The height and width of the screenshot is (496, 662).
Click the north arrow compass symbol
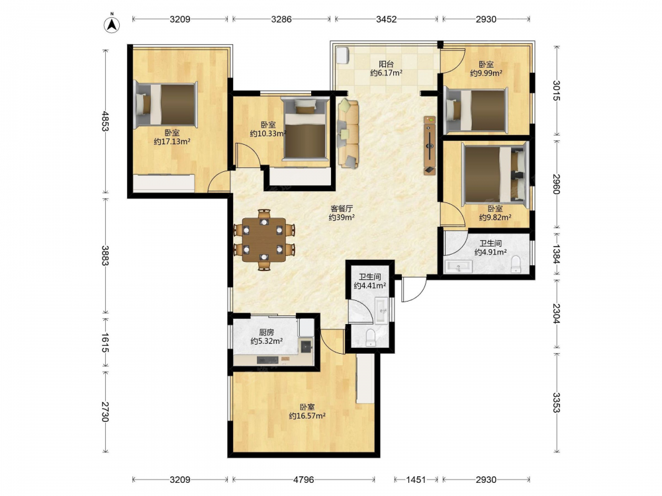pyautogui.click(x=112, y=24)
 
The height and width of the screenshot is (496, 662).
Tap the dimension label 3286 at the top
pyautogui.click(x=281, y=19)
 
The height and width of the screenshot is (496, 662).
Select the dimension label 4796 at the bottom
pyautogui.click(x=304, y=479)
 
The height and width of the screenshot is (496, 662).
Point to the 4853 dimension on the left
pyautogui.click(x=105, y=121)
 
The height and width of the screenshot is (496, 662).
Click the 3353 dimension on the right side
pyautogui.click(x=556, y=403)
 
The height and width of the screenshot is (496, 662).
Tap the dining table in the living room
pyautogui.click(x=264, y=239)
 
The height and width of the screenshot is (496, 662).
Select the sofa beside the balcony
pyautogui.click(x=348, y=134)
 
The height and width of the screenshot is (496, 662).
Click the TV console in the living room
pyautogui.click(x=430, y=145)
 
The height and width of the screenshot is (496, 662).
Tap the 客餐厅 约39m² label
pyautogui.click(x=342, y=213)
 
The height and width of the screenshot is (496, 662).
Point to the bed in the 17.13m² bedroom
pyautogui.click(x=165, y=104)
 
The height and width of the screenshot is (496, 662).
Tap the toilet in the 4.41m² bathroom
pyautogui.click(x=370, y=338)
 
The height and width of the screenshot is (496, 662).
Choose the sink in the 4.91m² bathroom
pyautogui.click(x=458, y=267)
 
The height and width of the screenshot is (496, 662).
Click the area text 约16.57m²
pyautogui.click(x=307, y=416)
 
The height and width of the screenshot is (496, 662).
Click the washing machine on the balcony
pyautogui.click(x=342, y=55)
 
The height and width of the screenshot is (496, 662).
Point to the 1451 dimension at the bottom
pyautogui.click(x=416, y=479)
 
